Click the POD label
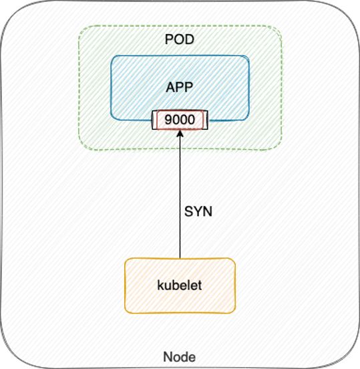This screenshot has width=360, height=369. (x=180, y=39)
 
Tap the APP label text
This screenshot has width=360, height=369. (x=180, y=88)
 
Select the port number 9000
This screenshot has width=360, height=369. (x=180, y=120)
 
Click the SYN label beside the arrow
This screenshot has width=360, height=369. (x=198, y=211)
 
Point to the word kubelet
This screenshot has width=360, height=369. (x=180, y=285)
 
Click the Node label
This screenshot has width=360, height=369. (x=180, y=357)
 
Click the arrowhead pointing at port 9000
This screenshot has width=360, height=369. (x=180, y=134)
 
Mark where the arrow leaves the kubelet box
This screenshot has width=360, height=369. (x=180, y=259)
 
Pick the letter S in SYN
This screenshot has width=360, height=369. (x=188, y=211)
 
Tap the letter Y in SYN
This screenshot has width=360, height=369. (x=198, y=211)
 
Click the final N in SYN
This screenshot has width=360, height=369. (x=208, y=211)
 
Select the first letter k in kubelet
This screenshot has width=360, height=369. (x=160, y=285)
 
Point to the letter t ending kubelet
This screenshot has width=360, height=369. (x=200, y=285)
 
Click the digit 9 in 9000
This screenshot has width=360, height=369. (x=168, y=120)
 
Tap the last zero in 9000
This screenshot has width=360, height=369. (x=192, y=120)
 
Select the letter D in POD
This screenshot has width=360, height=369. (x=190, y=39)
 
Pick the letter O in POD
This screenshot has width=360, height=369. (x=180, y=39)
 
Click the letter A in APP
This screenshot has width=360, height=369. (x=170, y=88)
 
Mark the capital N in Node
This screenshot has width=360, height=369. (x=168, y=357)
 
